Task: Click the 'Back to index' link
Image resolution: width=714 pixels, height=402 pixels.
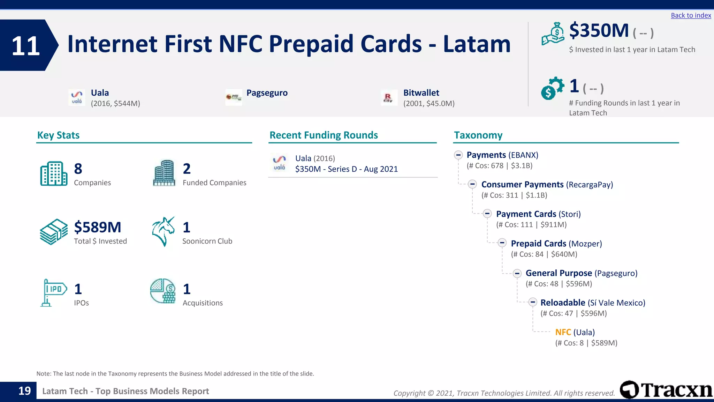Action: click(691, 15)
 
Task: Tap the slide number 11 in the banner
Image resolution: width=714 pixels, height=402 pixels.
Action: click(25, 46)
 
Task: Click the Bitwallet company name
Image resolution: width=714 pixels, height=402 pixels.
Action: click(421, 93)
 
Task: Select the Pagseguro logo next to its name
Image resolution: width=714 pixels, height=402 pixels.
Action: click(234, 97)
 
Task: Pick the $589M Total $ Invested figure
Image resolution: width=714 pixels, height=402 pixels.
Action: click(98, 227)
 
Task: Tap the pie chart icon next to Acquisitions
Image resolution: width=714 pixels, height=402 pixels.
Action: click(163, 291)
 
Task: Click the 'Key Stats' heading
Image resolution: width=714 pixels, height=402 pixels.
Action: click(58, 135)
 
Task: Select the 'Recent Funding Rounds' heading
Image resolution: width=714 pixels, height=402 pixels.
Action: click(324, 135)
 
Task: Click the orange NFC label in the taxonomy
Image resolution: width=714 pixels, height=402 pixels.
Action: click(563, 332)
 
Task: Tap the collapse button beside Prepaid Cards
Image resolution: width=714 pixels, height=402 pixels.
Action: click(502, 243)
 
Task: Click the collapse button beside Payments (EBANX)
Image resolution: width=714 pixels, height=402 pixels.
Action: click(458, 155)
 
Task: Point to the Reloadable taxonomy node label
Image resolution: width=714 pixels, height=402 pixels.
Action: click(563, 303)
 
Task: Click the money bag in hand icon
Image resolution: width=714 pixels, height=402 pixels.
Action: click(553, 34)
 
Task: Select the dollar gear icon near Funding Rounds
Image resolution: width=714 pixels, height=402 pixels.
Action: click(552, 88)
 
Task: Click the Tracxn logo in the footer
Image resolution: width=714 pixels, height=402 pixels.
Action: click(666, 390)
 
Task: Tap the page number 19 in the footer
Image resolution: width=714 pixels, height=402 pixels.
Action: click(24, 391)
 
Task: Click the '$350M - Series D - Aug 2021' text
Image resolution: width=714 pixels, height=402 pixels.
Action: click(346, 169)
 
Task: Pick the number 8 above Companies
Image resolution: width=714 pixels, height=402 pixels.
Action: click(78, 169)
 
